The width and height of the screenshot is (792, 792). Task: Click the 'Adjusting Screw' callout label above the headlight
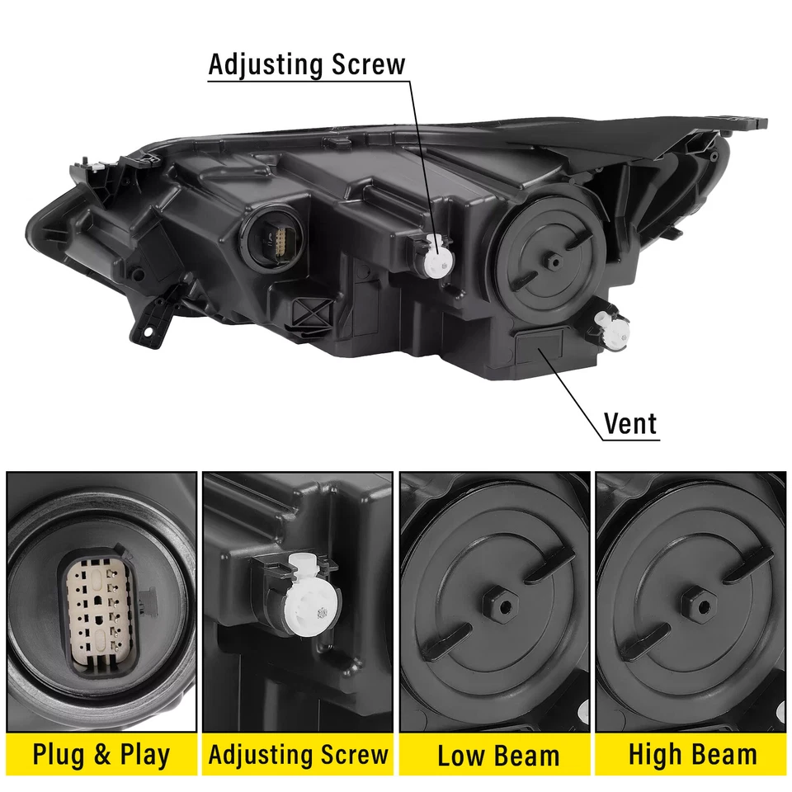pos(307,64)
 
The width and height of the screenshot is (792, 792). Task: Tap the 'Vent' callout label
pos(630,423)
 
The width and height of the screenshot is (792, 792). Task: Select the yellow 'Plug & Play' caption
pos(101,754)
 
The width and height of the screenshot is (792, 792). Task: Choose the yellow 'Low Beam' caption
pos(497,755)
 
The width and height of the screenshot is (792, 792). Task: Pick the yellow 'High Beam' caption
pos(692,754)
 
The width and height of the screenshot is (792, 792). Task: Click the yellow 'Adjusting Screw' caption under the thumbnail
pos(298,754)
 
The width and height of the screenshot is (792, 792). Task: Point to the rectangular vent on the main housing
pos(540,346)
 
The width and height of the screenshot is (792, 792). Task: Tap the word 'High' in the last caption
pos(653,754)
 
